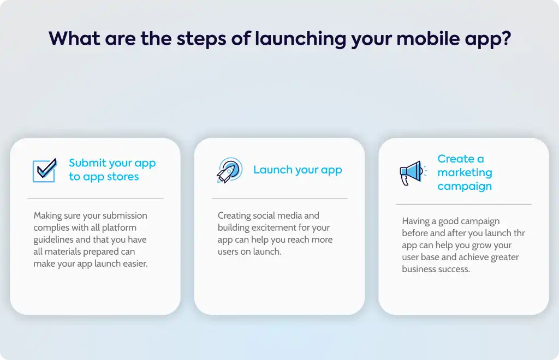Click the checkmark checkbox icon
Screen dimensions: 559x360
click(45, 171)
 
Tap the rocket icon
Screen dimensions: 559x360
click(230, 170)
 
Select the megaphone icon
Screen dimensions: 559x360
click(413, 173)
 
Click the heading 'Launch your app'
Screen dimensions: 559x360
click(298, 170)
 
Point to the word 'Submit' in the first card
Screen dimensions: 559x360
click(88, 163)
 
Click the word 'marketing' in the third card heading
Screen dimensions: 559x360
click(465, 173)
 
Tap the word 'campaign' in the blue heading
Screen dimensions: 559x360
click(465, 186)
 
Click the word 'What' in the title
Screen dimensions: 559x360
click(74, 38)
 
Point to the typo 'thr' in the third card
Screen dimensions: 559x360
click(519, 233)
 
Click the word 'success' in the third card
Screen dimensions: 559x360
click(454, 269)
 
